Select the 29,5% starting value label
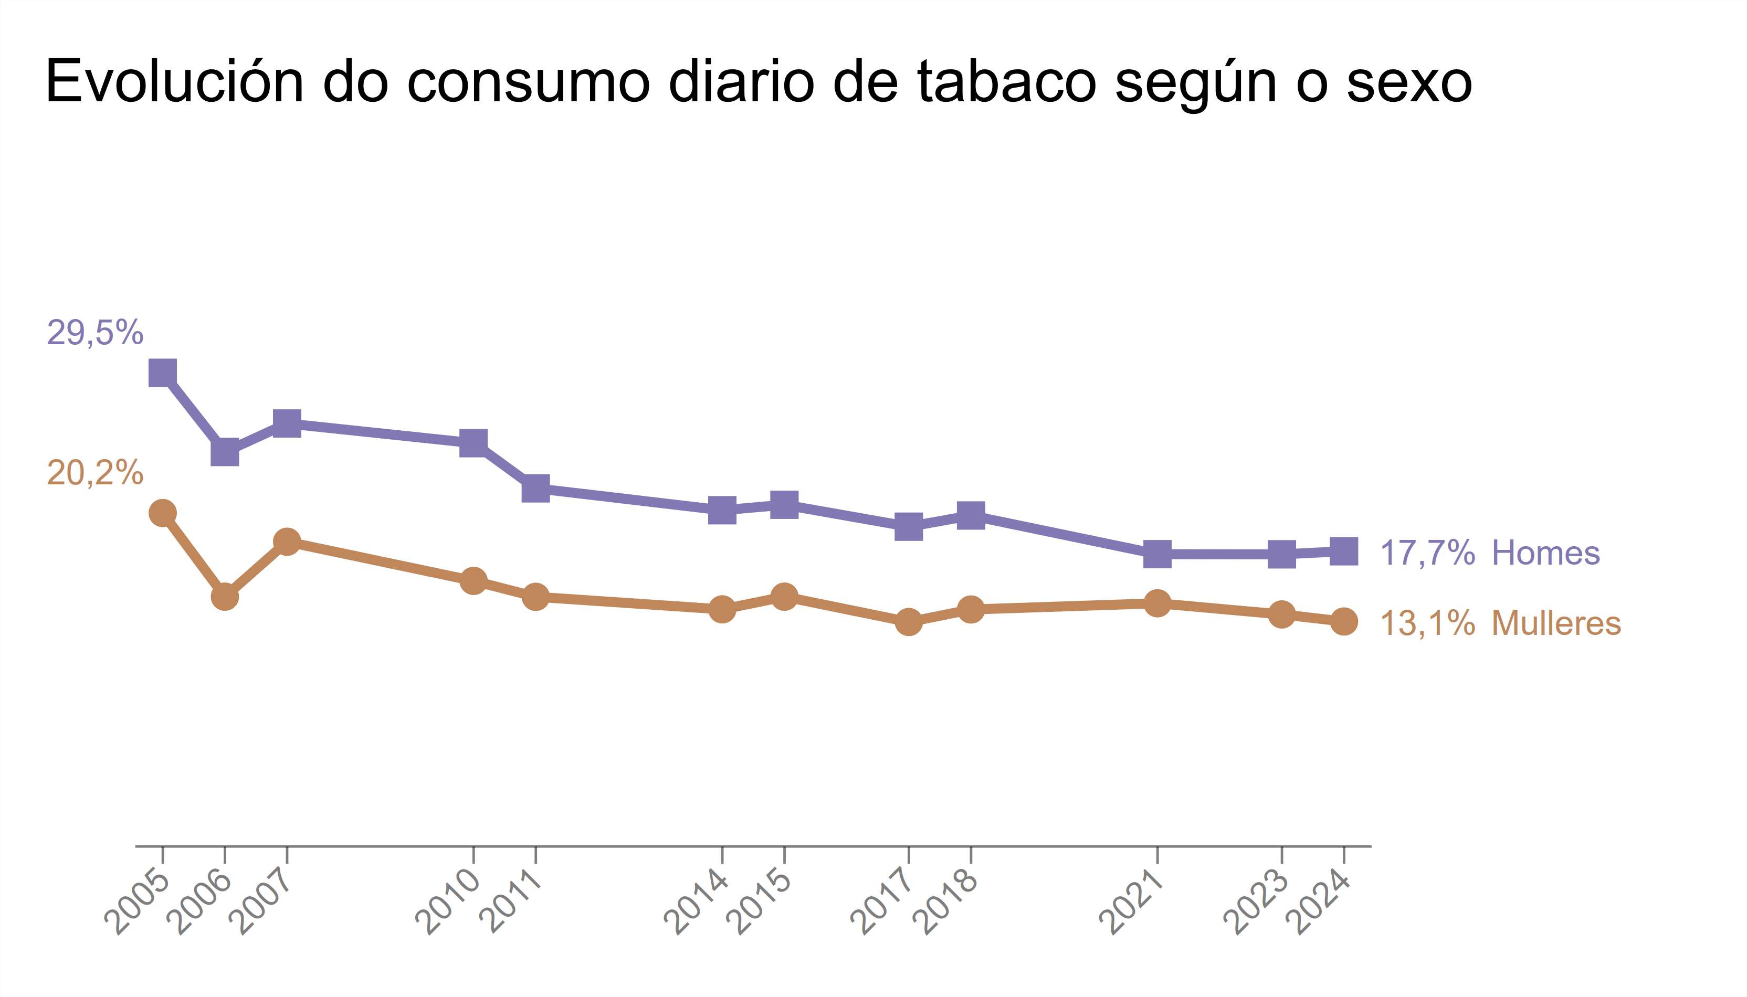95,333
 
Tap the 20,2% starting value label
95,472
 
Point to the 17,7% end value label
1427,553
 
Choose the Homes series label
1545,553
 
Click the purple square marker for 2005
162,373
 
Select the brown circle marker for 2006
225,597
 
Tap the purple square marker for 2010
473,442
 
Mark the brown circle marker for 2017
908,622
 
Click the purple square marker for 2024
1344,550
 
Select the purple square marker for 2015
784,505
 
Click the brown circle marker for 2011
535,597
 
